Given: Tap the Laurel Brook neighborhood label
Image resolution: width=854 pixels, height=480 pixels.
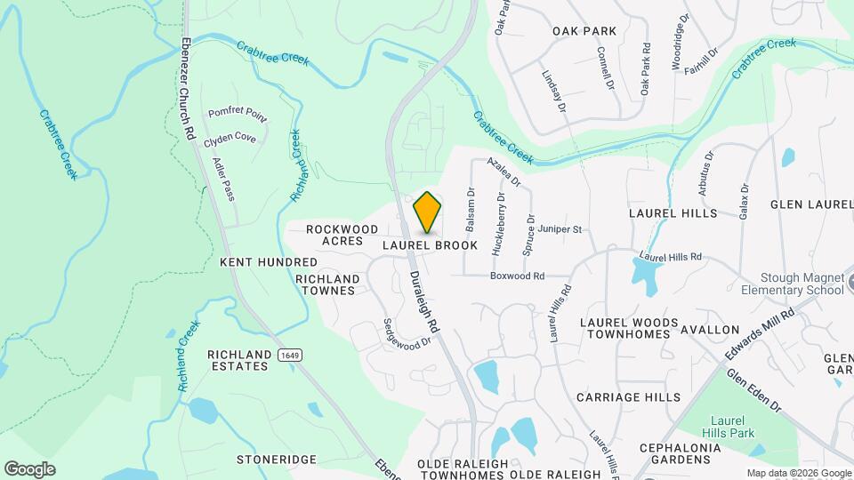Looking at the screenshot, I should tap(431, 245).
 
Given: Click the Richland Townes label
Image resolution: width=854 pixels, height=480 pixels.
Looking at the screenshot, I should tap(327, 284).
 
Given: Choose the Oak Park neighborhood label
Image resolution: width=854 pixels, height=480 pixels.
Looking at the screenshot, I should tap(584, 31).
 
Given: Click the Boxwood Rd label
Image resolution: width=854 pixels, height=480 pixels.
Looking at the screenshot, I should tap(517, 276).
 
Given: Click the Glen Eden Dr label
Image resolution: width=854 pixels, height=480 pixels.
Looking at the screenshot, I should tap(753, 391).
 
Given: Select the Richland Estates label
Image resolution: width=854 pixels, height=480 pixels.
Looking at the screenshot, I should tap(238, 360).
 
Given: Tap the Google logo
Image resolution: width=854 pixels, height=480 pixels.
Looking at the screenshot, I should tap(29, 469).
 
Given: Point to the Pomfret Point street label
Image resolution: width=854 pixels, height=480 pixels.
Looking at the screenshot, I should tap(238, 114).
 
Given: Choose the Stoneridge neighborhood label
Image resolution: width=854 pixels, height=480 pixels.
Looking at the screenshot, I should tap(277, 460).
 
